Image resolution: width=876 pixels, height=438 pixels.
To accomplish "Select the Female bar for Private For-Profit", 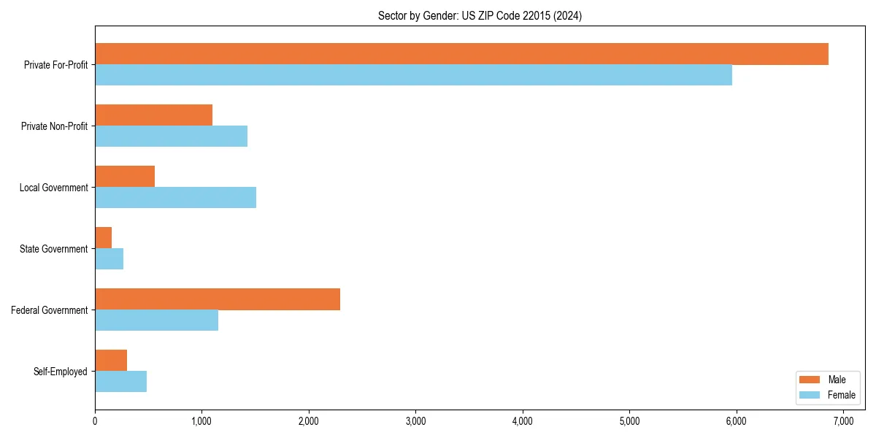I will coord(413,75).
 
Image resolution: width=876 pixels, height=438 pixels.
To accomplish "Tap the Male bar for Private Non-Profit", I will coord(153,115).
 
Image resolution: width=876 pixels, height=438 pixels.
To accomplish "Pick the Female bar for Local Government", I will coord(175,198).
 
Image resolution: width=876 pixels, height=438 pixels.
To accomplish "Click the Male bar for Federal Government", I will coord(218,299).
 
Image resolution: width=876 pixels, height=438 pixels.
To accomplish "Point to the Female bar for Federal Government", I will coord(156,320).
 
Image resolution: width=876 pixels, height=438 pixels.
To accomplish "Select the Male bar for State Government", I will coord(104,238).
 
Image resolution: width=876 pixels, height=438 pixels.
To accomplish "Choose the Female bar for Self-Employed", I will coord(120,382).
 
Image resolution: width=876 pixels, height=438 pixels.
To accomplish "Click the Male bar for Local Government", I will coord(125,177).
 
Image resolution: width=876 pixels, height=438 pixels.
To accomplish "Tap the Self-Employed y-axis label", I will coord(60,372).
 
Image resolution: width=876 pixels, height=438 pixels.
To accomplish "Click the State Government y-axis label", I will coord(53,249).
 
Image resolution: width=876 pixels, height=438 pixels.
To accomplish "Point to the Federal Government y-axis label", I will coord(49,310).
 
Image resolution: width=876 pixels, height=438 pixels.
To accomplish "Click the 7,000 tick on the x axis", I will coord(843,421).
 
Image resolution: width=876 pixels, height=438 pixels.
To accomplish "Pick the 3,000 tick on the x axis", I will coord(415,421).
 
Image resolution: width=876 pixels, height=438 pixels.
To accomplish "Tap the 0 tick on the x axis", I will coord(95,421).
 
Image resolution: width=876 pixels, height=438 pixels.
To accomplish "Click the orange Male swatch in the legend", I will coord(810,380).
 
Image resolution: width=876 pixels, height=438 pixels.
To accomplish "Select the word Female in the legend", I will coord(842,395).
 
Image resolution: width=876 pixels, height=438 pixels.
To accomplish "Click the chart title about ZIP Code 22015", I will coord(480,15).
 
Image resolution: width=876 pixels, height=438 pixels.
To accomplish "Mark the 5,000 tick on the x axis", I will coord(629,421).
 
